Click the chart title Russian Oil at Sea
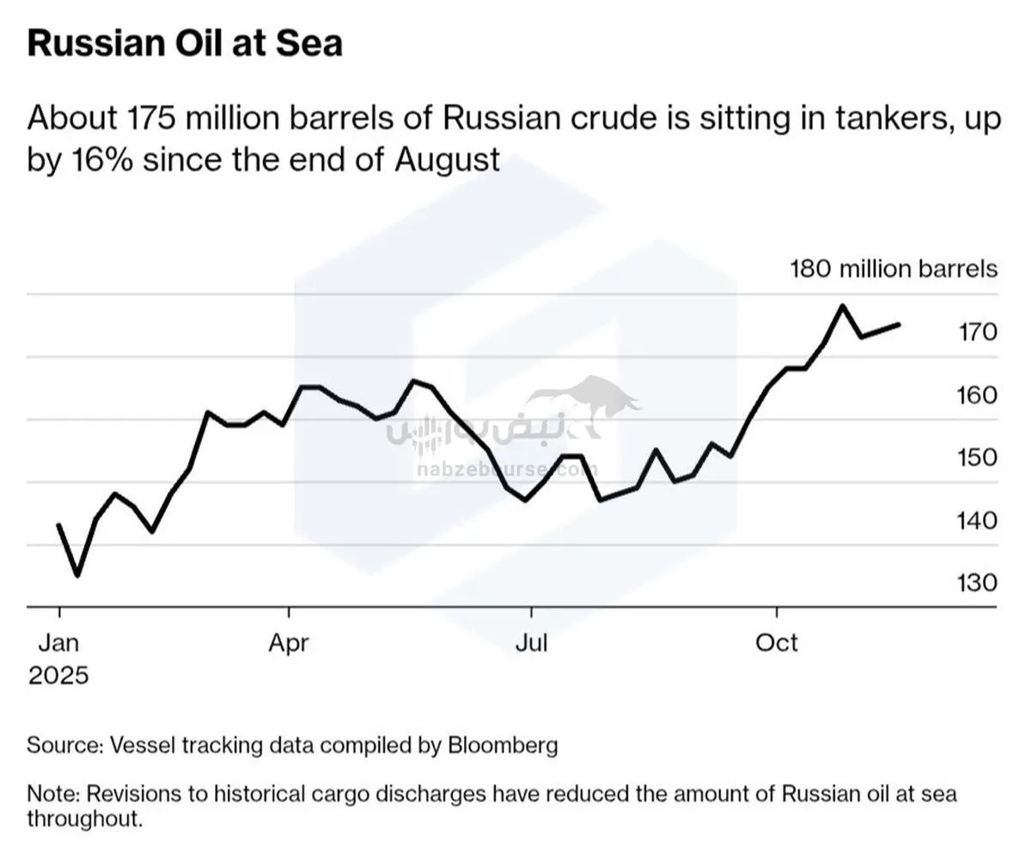[x=185, y=43]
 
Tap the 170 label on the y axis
[x=977, y=332]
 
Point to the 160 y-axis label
[x=977, y=395]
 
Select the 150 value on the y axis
[x=977, y=457]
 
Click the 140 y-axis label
[x=977, y=520]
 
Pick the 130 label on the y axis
[x=977, y=583]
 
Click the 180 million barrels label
[x=894, y=269]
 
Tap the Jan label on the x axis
[x=58, y=642]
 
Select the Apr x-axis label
[x=289, y=642]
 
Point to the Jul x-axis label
[x=531, y=642]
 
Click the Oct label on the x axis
[x=777, y=642]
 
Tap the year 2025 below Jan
[x=58, y=675]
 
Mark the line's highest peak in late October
[x=843, y=306]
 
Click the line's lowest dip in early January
[x=77, y=575]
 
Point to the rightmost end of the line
[x=899, y=324]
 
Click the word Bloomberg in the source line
[x=503, y=744]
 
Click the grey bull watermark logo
[x=593, y=404]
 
